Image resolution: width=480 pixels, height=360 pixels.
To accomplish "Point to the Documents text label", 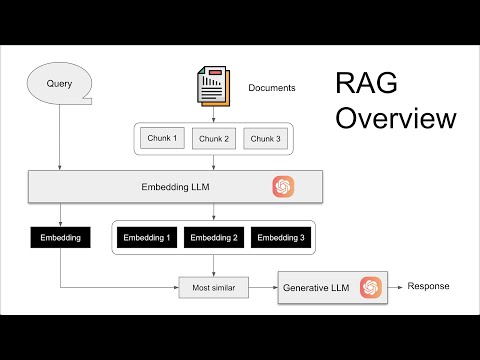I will tap(272, 88).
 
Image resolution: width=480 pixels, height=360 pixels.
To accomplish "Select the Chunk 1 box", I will tap(162, 138).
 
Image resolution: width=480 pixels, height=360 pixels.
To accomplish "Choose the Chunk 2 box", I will tap(214, 138).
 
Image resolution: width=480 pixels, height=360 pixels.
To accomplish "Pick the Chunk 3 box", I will tap(266, 138).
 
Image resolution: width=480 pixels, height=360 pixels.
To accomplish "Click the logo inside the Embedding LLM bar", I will tap(283, 186).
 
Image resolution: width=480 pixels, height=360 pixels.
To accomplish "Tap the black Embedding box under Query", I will tap(60, 238).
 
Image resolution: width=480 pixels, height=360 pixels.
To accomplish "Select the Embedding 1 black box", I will tap(146, 238).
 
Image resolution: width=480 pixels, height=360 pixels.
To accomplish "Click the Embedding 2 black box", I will tap(214, 238).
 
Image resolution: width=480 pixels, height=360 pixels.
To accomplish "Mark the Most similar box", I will tap(212, 288).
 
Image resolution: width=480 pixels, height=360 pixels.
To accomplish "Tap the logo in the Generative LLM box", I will tap(371, 287).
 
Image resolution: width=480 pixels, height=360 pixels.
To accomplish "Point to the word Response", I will tap(428, 287).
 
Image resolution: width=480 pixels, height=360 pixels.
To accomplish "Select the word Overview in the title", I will tap(395, 119).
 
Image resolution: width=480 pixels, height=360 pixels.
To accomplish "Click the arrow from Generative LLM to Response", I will tap(393, 287).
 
